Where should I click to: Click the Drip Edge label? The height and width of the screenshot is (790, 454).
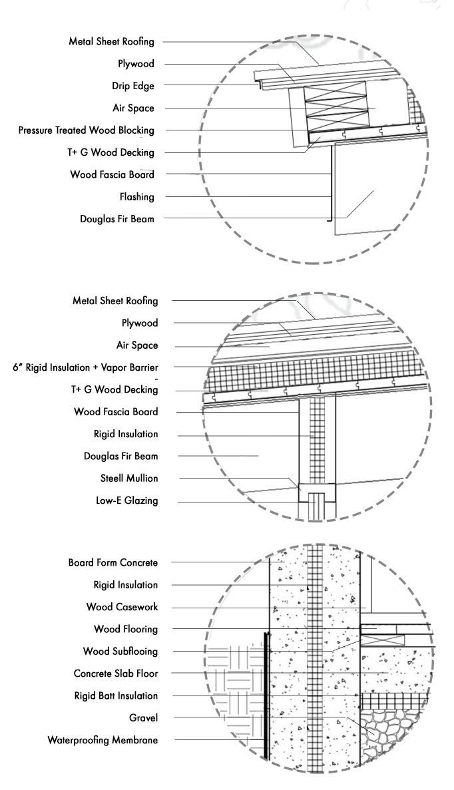pyautogui.click(x=132, y=86)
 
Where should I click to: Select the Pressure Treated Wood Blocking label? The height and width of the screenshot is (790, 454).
pyautogui.click(x=87, y=130)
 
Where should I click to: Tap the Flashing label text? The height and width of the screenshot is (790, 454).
pyautogui.click(x=136, y=197)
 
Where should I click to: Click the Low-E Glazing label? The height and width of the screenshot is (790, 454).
pyautogui.click(x=126, y=500)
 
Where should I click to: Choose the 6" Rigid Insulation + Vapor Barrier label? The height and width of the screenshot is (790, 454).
pyautogui.click(x=85, y=367)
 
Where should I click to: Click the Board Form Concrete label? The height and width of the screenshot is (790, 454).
pyautogui.click(x=113, y=563)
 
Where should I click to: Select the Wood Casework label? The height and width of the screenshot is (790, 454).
pyautogui.click(x=122, y=607)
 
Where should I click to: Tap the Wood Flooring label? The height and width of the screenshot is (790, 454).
pyautogui.click(x=125, y=629)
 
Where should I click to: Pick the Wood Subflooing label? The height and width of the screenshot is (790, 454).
pyautogui.click(x=120, y=651)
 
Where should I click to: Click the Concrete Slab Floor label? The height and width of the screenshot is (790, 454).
pyautogui.click(x=116, y=674)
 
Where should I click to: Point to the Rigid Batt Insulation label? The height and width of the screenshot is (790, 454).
pyautogui.click(x=116, y=695)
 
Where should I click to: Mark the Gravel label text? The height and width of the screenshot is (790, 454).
pyautogui.click(x=143, y=717)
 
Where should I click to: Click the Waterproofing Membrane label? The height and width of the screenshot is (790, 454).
pyautogui.click(x=103, y=740)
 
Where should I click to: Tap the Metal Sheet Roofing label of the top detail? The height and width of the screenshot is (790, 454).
pyautogui.click(x=111, y=41)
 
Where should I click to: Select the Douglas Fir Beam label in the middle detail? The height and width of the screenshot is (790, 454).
pyautogui.click(x=120, y=457)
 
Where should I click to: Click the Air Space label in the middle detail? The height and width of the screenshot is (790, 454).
pyautogui.click(x=137, y=345)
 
